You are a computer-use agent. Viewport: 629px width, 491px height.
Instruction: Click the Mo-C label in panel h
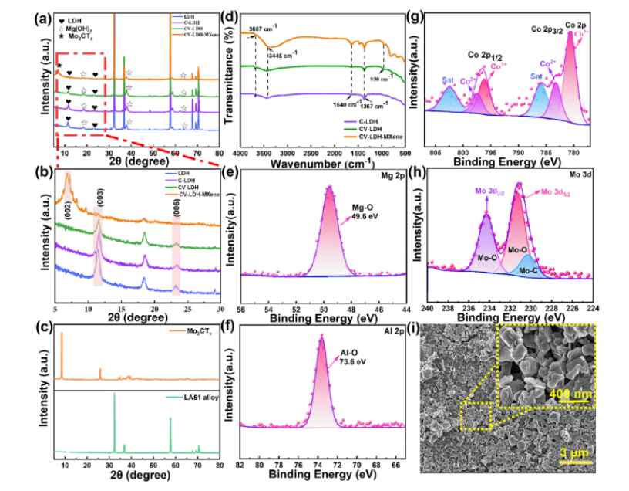528,270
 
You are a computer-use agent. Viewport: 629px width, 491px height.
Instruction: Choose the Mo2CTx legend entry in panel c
195,333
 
